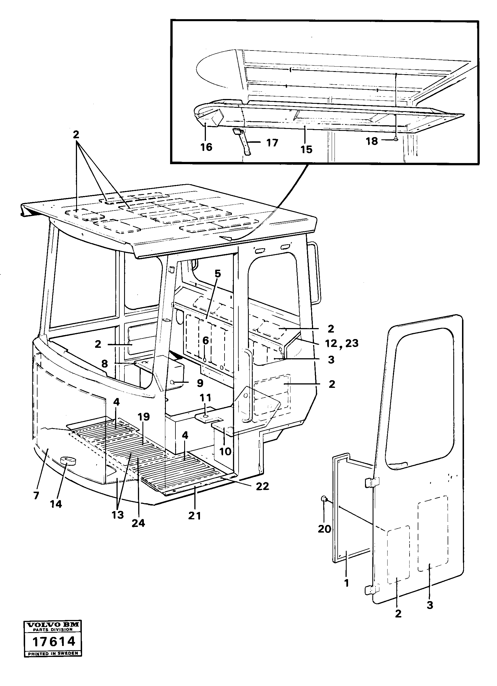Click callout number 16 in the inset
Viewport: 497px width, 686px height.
206,147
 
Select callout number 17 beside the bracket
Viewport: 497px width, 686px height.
272,142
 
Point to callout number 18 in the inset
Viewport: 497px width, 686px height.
372,141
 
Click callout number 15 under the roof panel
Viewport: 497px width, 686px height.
306,149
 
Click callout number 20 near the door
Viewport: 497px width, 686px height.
324,529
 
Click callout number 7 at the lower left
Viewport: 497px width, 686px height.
36,495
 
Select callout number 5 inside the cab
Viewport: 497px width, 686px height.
217,273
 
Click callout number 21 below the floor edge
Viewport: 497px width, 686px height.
195,516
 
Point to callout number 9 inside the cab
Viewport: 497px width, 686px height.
200,383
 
